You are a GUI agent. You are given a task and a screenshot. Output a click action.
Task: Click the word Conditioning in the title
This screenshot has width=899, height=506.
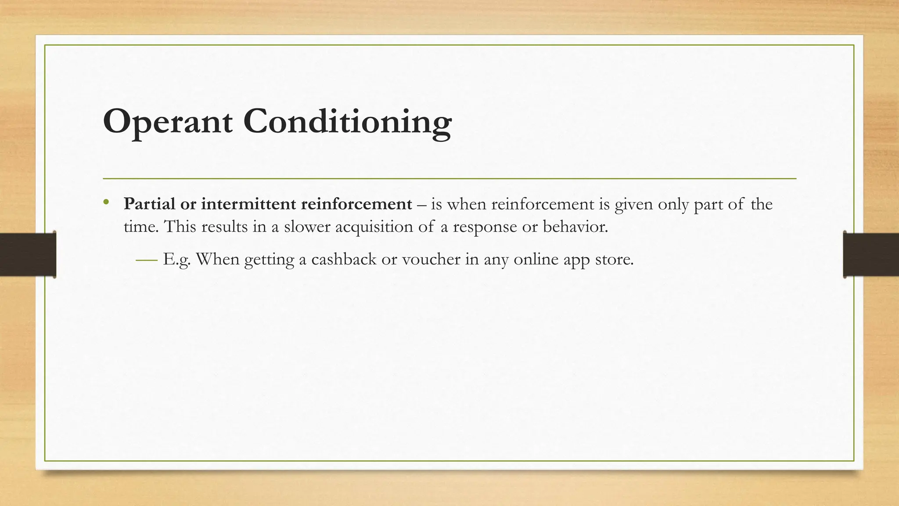pyautogui.click(x=347, y=122)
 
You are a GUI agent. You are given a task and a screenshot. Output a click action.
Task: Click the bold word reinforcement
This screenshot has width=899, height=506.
pyautogui.click(x=356, y=204)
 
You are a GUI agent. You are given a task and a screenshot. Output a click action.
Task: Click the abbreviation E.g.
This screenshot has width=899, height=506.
pyautogui.click(x=177, y=260)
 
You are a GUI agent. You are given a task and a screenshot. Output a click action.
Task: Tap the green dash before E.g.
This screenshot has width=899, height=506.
pyautogui.click(x=146, y=260)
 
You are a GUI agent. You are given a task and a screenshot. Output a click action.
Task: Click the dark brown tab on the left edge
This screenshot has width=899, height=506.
pyautogui.click(x=28, y=254)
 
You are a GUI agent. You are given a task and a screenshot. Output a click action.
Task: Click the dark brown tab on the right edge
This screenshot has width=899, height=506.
pyautogui.click(x=871, y=254)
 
